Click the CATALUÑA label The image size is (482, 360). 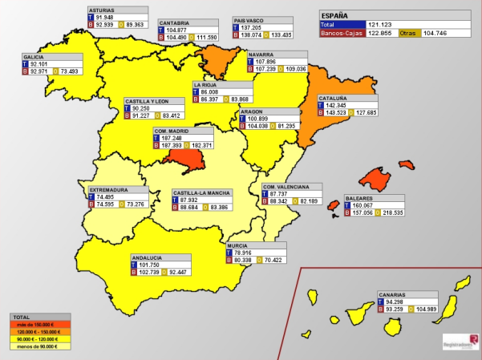tap(334, 98)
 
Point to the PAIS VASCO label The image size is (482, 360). tap(250, 20)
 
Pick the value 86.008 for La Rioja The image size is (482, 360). tap(213, 91)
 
